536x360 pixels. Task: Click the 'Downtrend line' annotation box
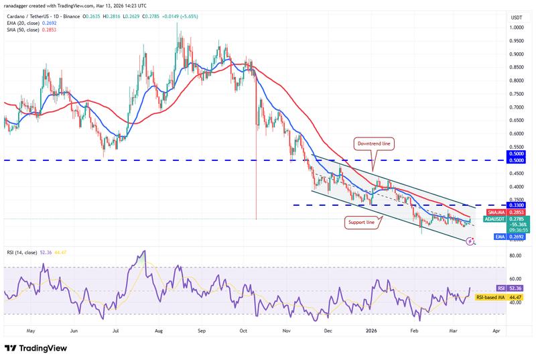(x=374, y=143)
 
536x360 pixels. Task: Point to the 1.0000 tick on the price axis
(x=515, y=27)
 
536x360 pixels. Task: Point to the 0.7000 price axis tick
(x=515, y=107)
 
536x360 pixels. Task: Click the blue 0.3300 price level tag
(x=516, y=205)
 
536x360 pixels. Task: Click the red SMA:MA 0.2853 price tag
(x=516, y=213)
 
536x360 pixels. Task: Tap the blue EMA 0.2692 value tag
(x=516, y=236)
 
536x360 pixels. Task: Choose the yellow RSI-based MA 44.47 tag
(x=516, y=296)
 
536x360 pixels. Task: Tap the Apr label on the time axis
(x=496, y=331)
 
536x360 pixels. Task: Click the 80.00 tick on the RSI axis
(x=515, y=255)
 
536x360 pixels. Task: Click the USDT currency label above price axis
(x=516, y=17)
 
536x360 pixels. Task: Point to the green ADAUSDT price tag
(x=516, y=220)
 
